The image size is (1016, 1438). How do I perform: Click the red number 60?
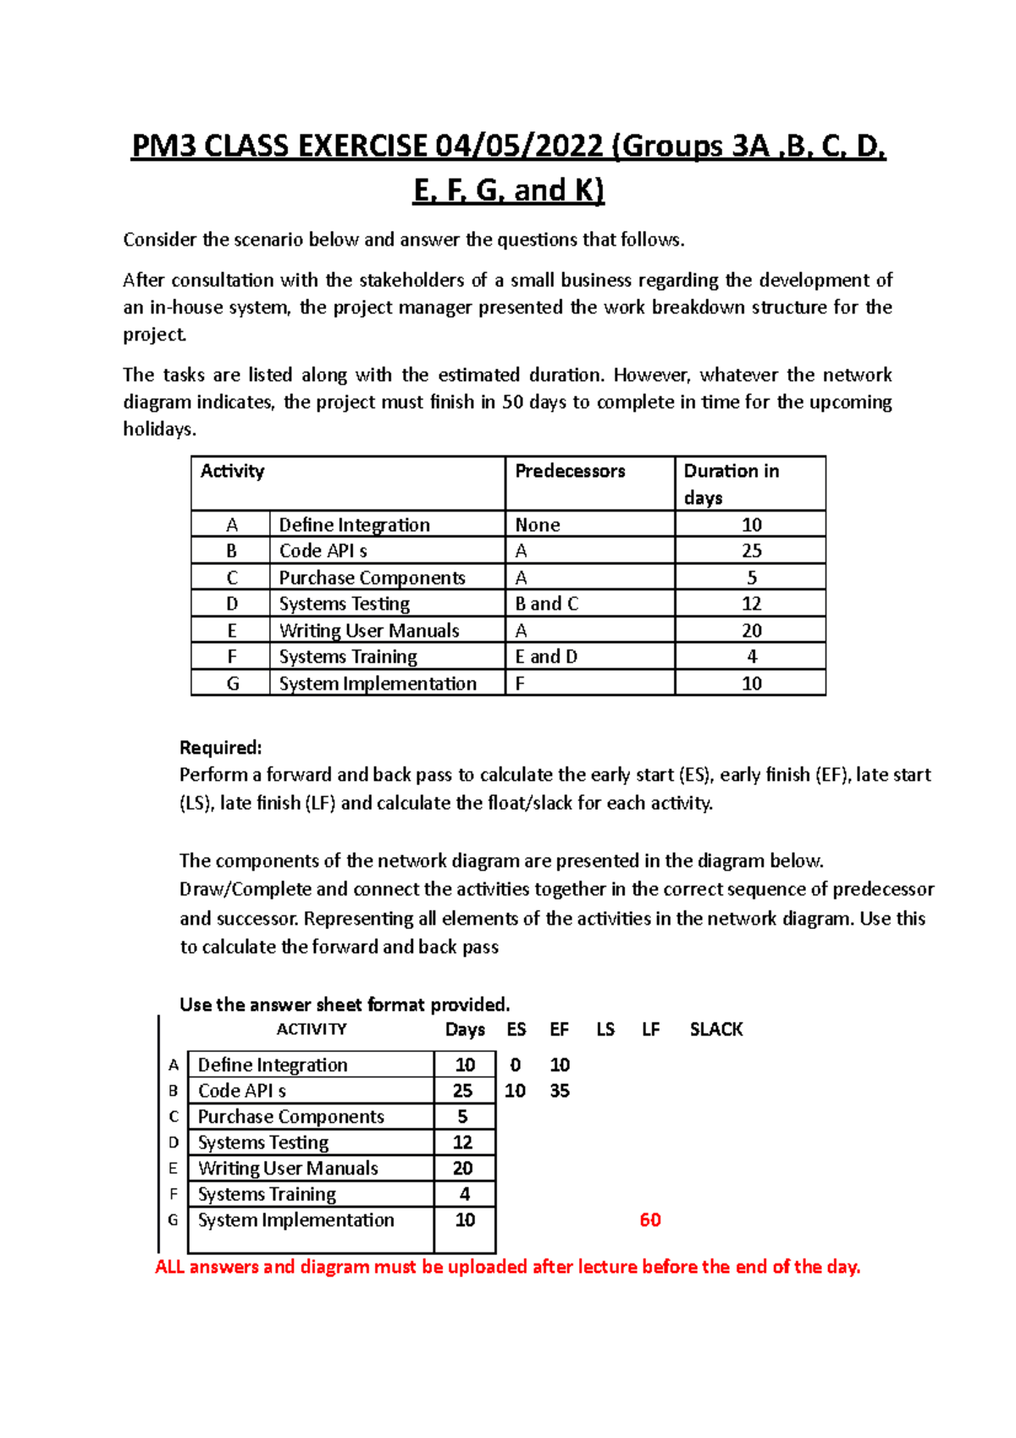pos(650,1220)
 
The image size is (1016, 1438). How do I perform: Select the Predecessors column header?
pos(570,471)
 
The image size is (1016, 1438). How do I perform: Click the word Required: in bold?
pos(220,747)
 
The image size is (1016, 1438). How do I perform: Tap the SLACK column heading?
pos(715,1029)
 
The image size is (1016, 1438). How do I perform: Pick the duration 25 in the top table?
pos(751,550)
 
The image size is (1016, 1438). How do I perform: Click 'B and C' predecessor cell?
pos(546,604)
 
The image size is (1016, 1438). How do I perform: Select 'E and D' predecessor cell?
pos(546,656)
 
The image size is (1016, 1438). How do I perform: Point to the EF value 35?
pos(560,1091)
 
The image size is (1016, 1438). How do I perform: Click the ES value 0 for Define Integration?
pos(515,1065)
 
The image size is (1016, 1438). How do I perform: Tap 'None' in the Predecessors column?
pos(538,525)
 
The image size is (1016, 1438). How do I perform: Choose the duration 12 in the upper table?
pos(751,604)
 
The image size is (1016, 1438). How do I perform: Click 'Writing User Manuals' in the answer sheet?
pos(288,1168)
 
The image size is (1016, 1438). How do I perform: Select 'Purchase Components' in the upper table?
pos(372,578)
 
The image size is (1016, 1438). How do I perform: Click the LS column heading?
pos(605,1029)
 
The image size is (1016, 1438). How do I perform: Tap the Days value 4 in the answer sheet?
pos(464,1194)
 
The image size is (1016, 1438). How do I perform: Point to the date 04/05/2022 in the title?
pos(520,147)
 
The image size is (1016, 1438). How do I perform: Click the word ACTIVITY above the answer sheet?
pos(312,1029)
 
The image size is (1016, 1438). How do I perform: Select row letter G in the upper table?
pos(233,683)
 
